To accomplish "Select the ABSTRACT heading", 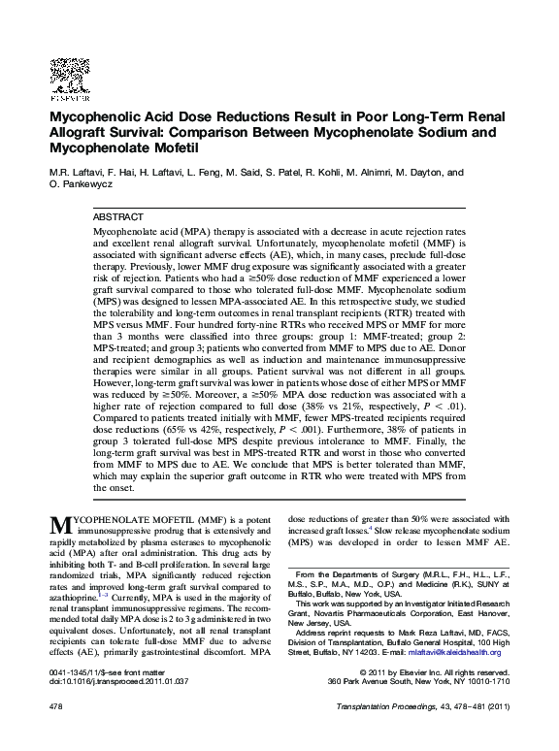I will (117, 216).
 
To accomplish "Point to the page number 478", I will (56, 735).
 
